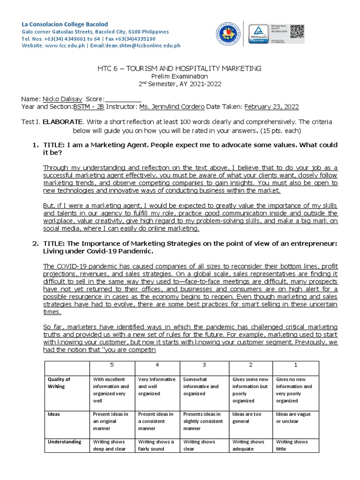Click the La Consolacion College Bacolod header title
(x=65, y=24)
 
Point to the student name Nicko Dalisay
(x=62, y=99)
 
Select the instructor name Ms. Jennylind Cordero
(x=172, y=107)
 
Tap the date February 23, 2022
(x=271, y=107)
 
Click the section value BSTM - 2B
(x=89, y=107)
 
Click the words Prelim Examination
(x=180, y=76)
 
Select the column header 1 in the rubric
(x=295, y=365)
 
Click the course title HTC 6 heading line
(x=180, y=68)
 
